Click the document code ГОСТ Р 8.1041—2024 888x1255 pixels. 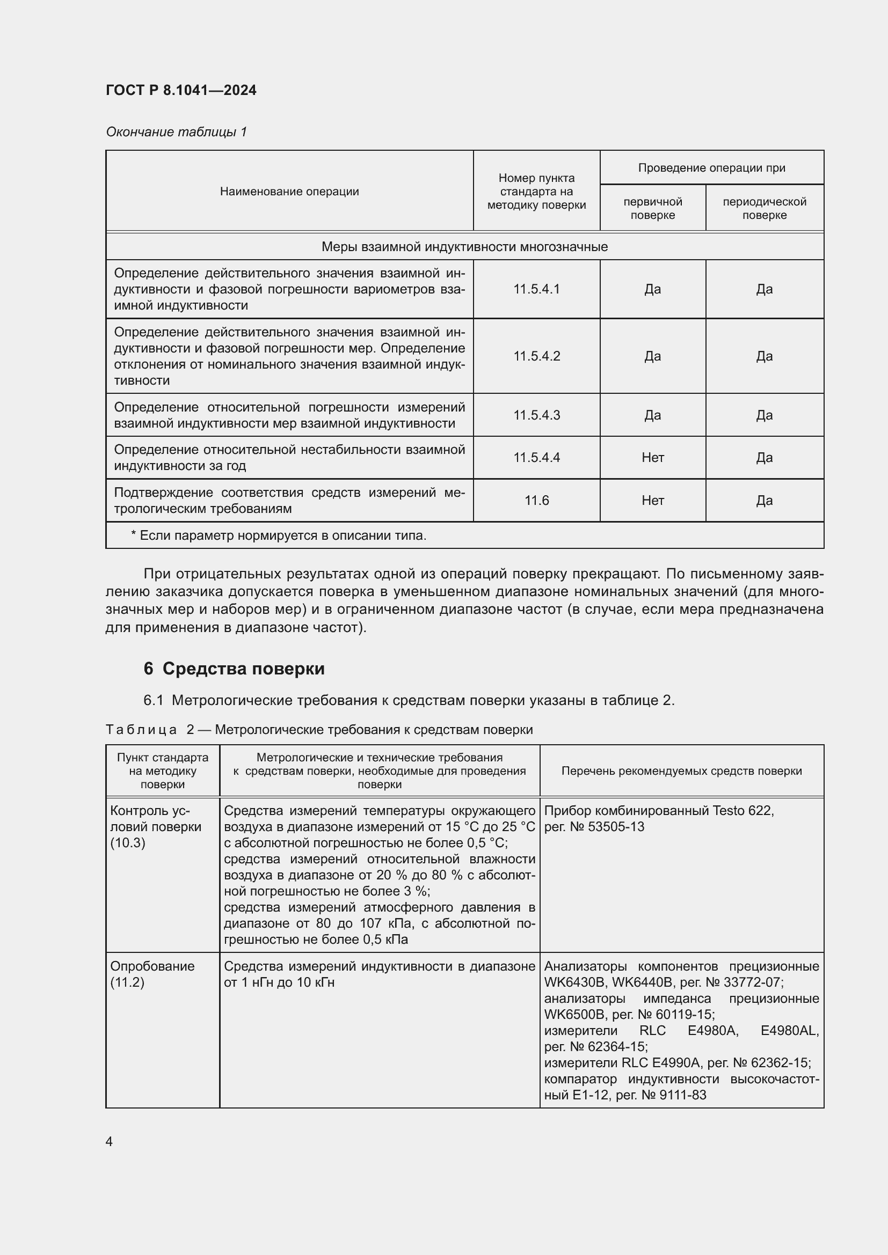pyautogui.click(x=181, y=90)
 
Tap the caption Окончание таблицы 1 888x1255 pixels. pyautogui.click(x=176, y=132)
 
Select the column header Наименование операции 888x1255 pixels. pyautogui.click(x=289, y=192)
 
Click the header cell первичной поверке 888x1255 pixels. pyautogui.click(x=652, y=208)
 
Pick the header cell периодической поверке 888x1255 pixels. pyautogui.click(x=764, y=208)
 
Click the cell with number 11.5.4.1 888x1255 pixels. pyautogui.click(x=536, y=289)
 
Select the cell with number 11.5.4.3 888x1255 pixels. pyautogui.click(x=536, y=415)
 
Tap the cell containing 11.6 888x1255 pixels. pyautogui.click(x=536, y=500)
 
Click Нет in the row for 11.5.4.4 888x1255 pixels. pyautogui.click(x=652, y=458)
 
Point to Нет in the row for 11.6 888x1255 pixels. pyautogui.click(x=652, y=500)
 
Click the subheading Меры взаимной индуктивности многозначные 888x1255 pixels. pyautogui.click(x=464, y=247)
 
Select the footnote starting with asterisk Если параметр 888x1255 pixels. pyautogui.click(x=278, y=535)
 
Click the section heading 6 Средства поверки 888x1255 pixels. pyautogui.click(x=234, y=669)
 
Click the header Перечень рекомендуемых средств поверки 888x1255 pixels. pyautogui.click(x=681, y=770)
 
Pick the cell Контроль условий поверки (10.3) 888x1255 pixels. pyautogui.click(x=155, y=826)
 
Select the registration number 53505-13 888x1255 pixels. pyautogui.click(x=616, y=826)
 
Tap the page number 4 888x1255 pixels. pyautogui.click(x=110, y=1141)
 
